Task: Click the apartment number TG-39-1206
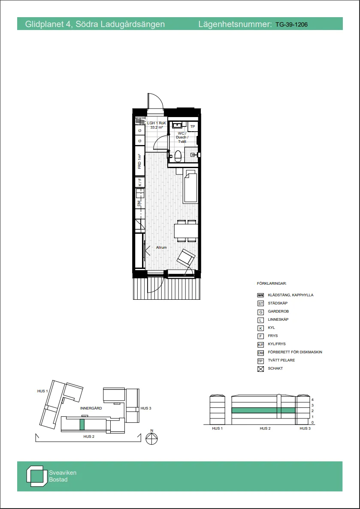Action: click(x=291, y=24)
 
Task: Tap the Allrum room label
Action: click(x=161, y=247)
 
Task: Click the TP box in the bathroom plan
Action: click(x=193, y=126)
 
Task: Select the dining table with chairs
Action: click(x=186, y=231)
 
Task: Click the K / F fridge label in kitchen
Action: click(x=139, y=183)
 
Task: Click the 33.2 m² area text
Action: click(x=157, y=127)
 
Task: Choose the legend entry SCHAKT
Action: click(x=275, y=369)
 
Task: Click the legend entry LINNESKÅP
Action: click(x=278, y=319)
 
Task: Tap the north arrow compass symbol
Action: click(x=152, y=438)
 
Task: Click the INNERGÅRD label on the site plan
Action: click(x=91, y=408)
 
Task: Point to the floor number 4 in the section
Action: click(x=313, y=399)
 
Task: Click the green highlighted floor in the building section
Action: click(x=263, y=410)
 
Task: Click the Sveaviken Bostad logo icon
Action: click(x=36, y=476)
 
